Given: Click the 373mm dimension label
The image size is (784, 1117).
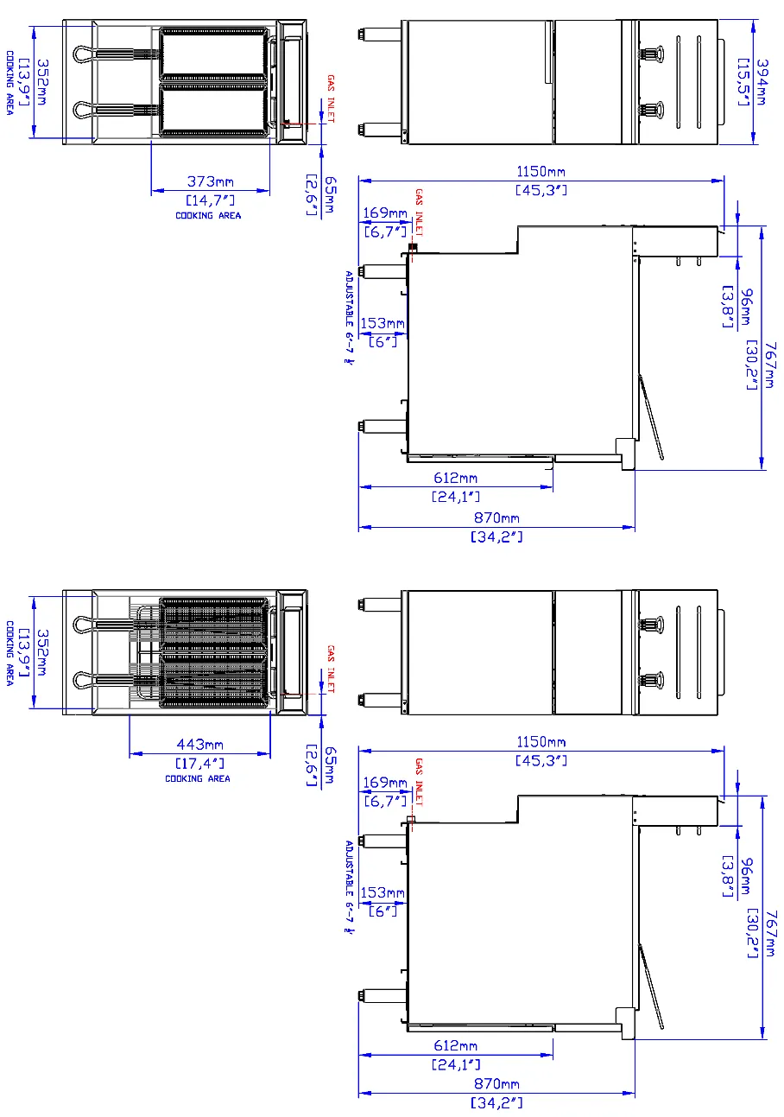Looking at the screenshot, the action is [211, 181].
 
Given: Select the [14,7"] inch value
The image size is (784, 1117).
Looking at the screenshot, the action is [210, 200].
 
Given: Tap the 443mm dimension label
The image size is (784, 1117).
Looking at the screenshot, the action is [199, 745].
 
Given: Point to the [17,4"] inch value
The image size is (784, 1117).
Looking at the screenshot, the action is [199, 764].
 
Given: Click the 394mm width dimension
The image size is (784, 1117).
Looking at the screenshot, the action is [762, 82].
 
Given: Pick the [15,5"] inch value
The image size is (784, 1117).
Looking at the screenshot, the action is [743, 82].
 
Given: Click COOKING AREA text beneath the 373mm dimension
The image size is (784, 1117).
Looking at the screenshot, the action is [208, 215].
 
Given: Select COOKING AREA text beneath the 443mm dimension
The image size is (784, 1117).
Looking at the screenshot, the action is [198, 778].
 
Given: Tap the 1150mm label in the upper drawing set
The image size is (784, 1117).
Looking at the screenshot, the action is [541, 172].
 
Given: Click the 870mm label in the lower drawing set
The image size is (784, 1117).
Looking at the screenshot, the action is [496, 1083].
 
